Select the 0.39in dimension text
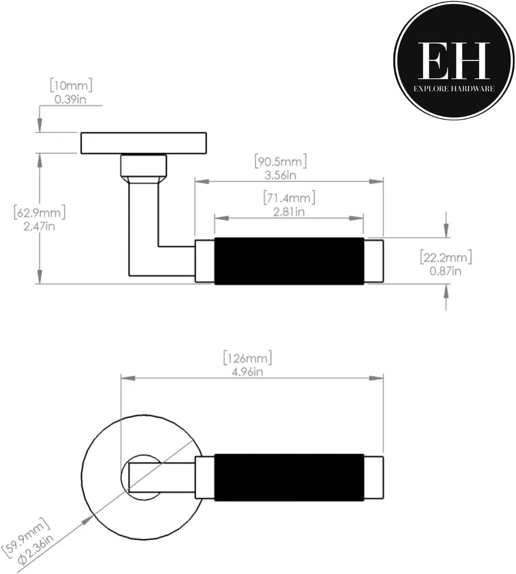click(x=70, y=99)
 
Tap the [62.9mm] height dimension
click(x=40, y=212)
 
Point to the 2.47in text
click(x=39, y=226)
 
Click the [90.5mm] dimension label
click(x=280, y=161)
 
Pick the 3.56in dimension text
click(x=280, y=175)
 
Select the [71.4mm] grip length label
click(x=289, y=197)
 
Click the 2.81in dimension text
click(x=289, y=211)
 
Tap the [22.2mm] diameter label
click(x=446, y=257)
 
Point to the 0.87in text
click(x=446, y=271)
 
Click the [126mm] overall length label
click(x=247, y=358)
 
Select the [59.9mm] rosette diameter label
click(x=25, y=537)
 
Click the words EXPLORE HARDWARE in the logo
click(x=454, y=89)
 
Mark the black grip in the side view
click(x=289, y=261)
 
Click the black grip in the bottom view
click(x=289, y=478)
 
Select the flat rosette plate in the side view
click(x=143, y=143)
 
